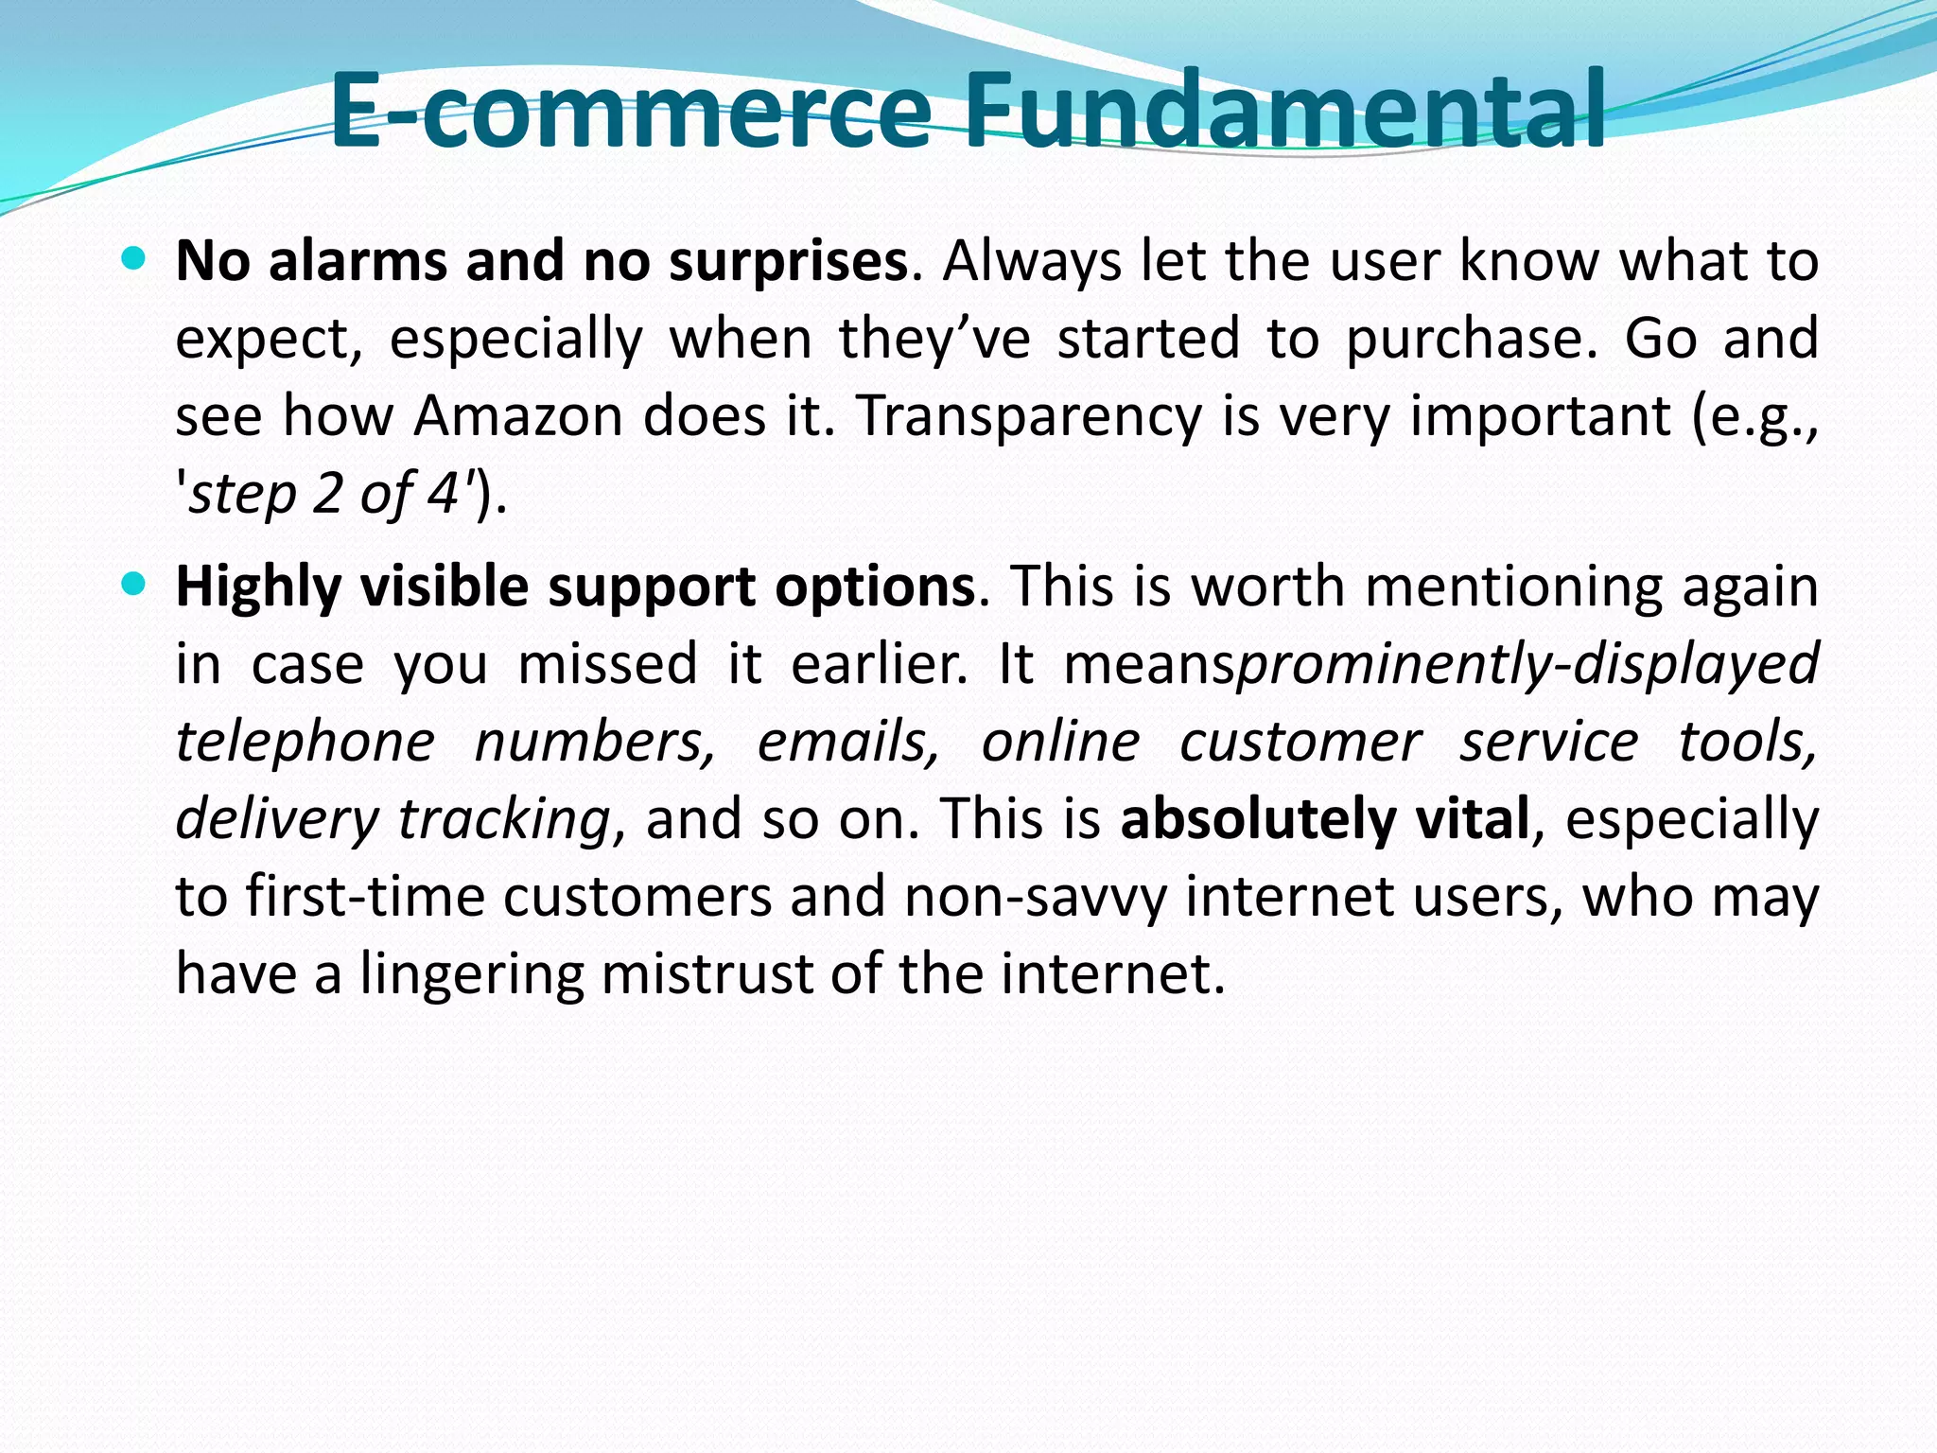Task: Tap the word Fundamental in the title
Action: [1284, 112]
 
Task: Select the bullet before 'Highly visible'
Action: [134, 584]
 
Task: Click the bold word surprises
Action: [788, 263]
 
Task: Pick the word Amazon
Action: [517, 416]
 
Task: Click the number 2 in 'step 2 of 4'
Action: [326, 494]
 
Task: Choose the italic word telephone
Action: [305, 742]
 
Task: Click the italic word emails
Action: [847, 742]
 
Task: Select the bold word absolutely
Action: [1257, 819]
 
